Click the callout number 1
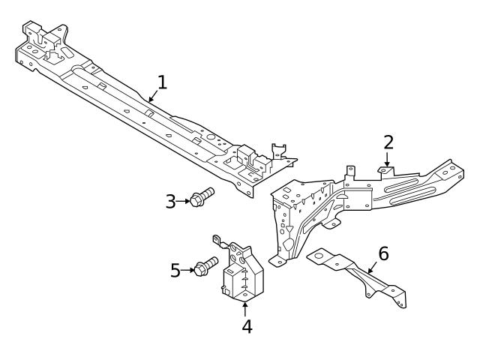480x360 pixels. pyautogui.click(x=161, y=82)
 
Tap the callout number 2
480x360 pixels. pyautogui.click(x=388, y=142)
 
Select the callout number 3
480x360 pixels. pyautogui.click(x=170, y=201)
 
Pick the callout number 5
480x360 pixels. pyautogui.click(x=175, y=270)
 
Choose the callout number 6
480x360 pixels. pyautogui.click(x=383, y=253)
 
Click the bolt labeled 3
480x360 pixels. pyautogui.click(x=201, y=198)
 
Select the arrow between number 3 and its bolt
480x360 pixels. pyautogui.click(x=183, y=201)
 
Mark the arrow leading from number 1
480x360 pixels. pyautogui.click(x=152, y=95)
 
